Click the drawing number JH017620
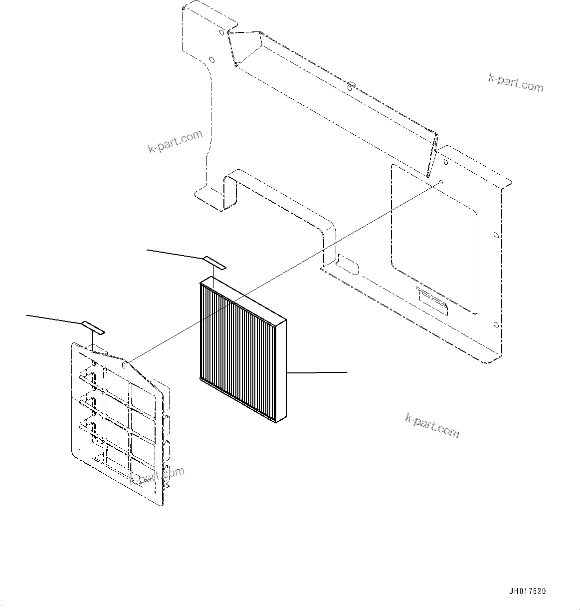tap(527, 592)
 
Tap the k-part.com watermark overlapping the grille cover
tap(157, 475)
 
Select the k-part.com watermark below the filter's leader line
tap(432, 425)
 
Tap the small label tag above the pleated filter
tap(214, 263)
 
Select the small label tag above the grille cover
tap(93, 327)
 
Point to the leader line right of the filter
tap(317, 372)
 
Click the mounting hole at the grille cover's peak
tap(123, 364)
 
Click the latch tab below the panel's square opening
tap(432, 301)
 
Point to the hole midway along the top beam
tap(349, 88)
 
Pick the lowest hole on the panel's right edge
tap(495, 325)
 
